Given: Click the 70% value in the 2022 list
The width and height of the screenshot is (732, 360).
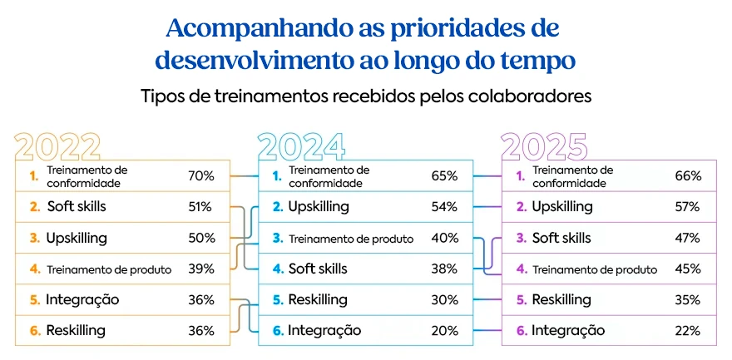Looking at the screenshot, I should point(201,176).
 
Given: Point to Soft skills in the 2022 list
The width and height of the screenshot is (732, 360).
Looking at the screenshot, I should point(77,207).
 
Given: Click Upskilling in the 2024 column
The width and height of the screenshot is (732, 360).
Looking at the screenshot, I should point(318,207).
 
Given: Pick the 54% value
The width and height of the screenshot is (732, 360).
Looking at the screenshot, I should point(444,207).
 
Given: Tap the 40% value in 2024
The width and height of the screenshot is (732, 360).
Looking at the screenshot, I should point(444,238).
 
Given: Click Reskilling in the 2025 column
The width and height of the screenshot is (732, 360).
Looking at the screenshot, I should point(561,299).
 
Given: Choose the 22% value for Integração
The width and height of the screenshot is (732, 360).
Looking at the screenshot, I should point(687,331).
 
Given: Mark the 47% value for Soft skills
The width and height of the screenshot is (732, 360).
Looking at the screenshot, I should point(687,238).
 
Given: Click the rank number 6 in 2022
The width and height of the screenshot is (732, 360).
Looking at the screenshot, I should point(35,331).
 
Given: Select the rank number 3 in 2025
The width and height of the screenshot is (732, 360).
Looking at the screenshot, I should point(521,238).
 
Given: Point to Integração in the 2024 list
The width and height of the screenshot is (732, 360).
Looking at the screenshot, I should point(324,331).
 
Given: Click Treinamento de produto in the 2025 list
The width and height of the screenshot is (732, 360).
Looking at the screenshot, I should point(595,269).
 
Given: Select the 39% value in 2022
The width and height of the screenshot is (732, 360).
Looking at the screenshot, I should point(201,269).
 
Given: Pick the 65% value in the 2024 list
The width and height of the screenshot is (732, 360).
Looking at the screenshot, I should point(444,176).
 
